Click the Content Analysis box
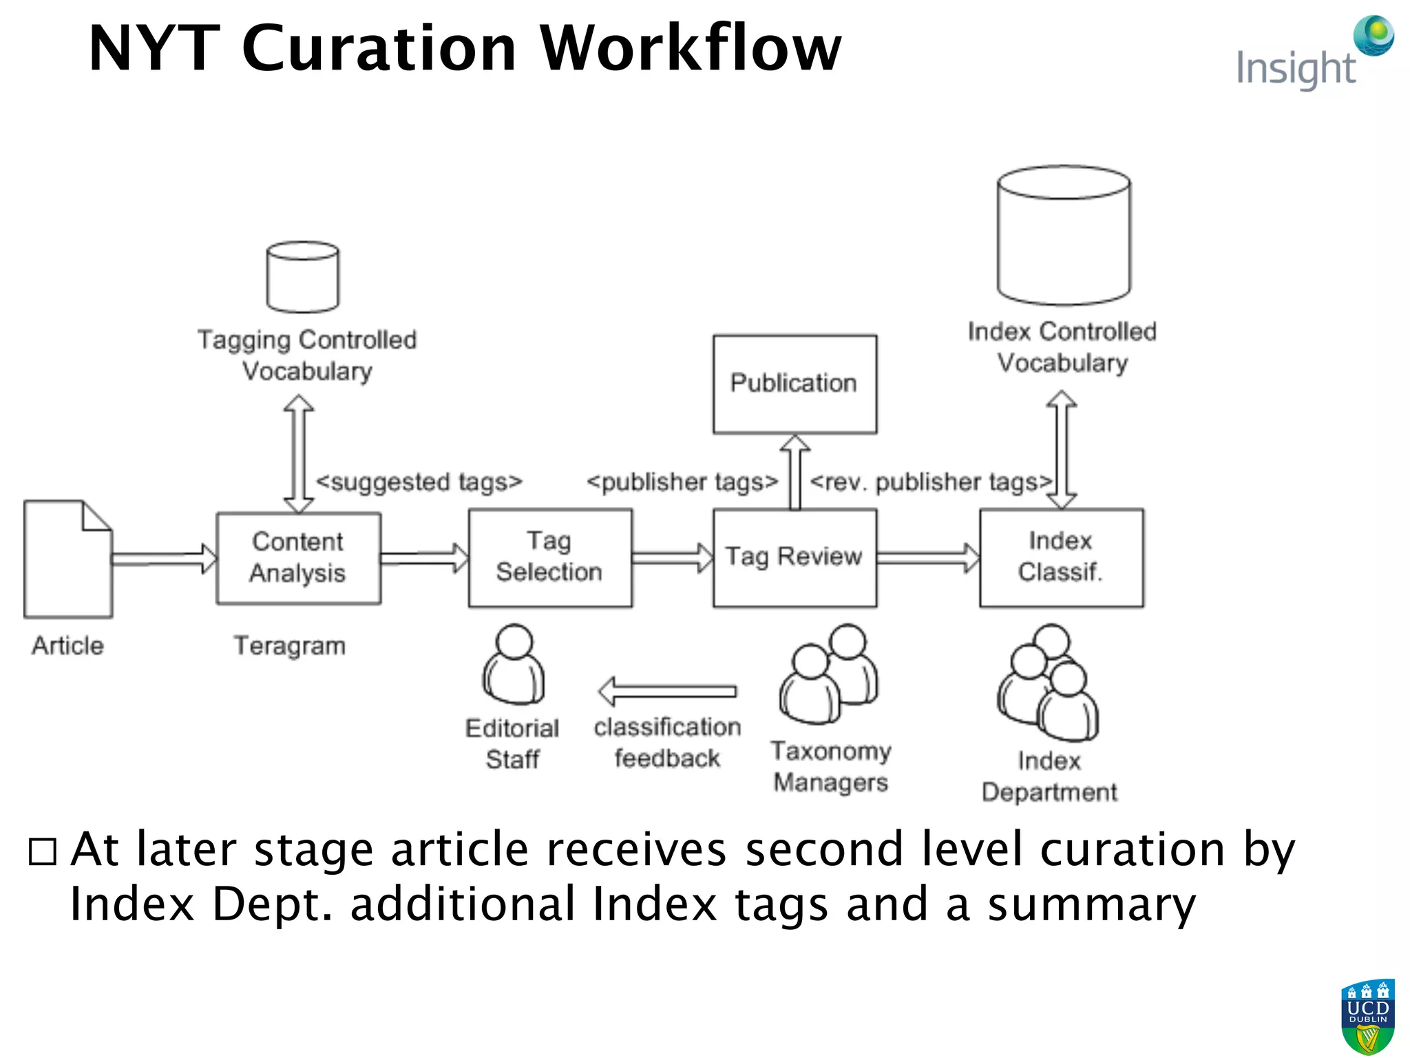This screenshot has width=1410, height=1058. [x=298, y=558]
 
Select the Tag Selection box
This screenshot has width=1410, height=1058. [x=550, y=558]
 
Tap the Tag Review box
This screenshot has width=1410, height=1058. [x=795, y=558]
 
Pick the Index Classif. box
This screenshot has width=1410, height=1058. [x=1061, y=558]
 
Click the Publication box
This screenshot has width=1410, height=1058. [x=795, y=384]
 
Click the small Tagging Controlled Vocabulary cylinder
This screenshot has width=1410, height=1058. [x=302, y=277]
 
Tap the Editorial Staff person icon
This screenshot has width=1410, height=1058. [x=514, y=665]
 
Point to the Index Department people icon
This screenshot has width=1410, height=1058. [x=1048, y=682]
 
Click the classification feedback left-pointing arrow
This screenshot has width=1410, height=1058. [x=666, y=691]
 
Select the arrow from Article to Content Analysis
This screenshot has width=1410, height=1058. [x=164, y=558]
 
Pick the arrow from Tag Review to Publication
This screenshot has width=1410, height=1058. [x=795, y=472]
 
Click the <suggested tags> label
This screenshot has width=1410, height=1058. [x=419, y=482]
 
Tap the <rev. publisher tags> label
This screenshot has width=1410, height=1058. [x=931, y=482]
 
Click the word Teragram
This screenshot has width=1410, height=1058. [x=289, y=646]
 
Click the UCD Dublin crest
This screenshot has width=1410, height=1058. [x=1367, y=1017]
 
